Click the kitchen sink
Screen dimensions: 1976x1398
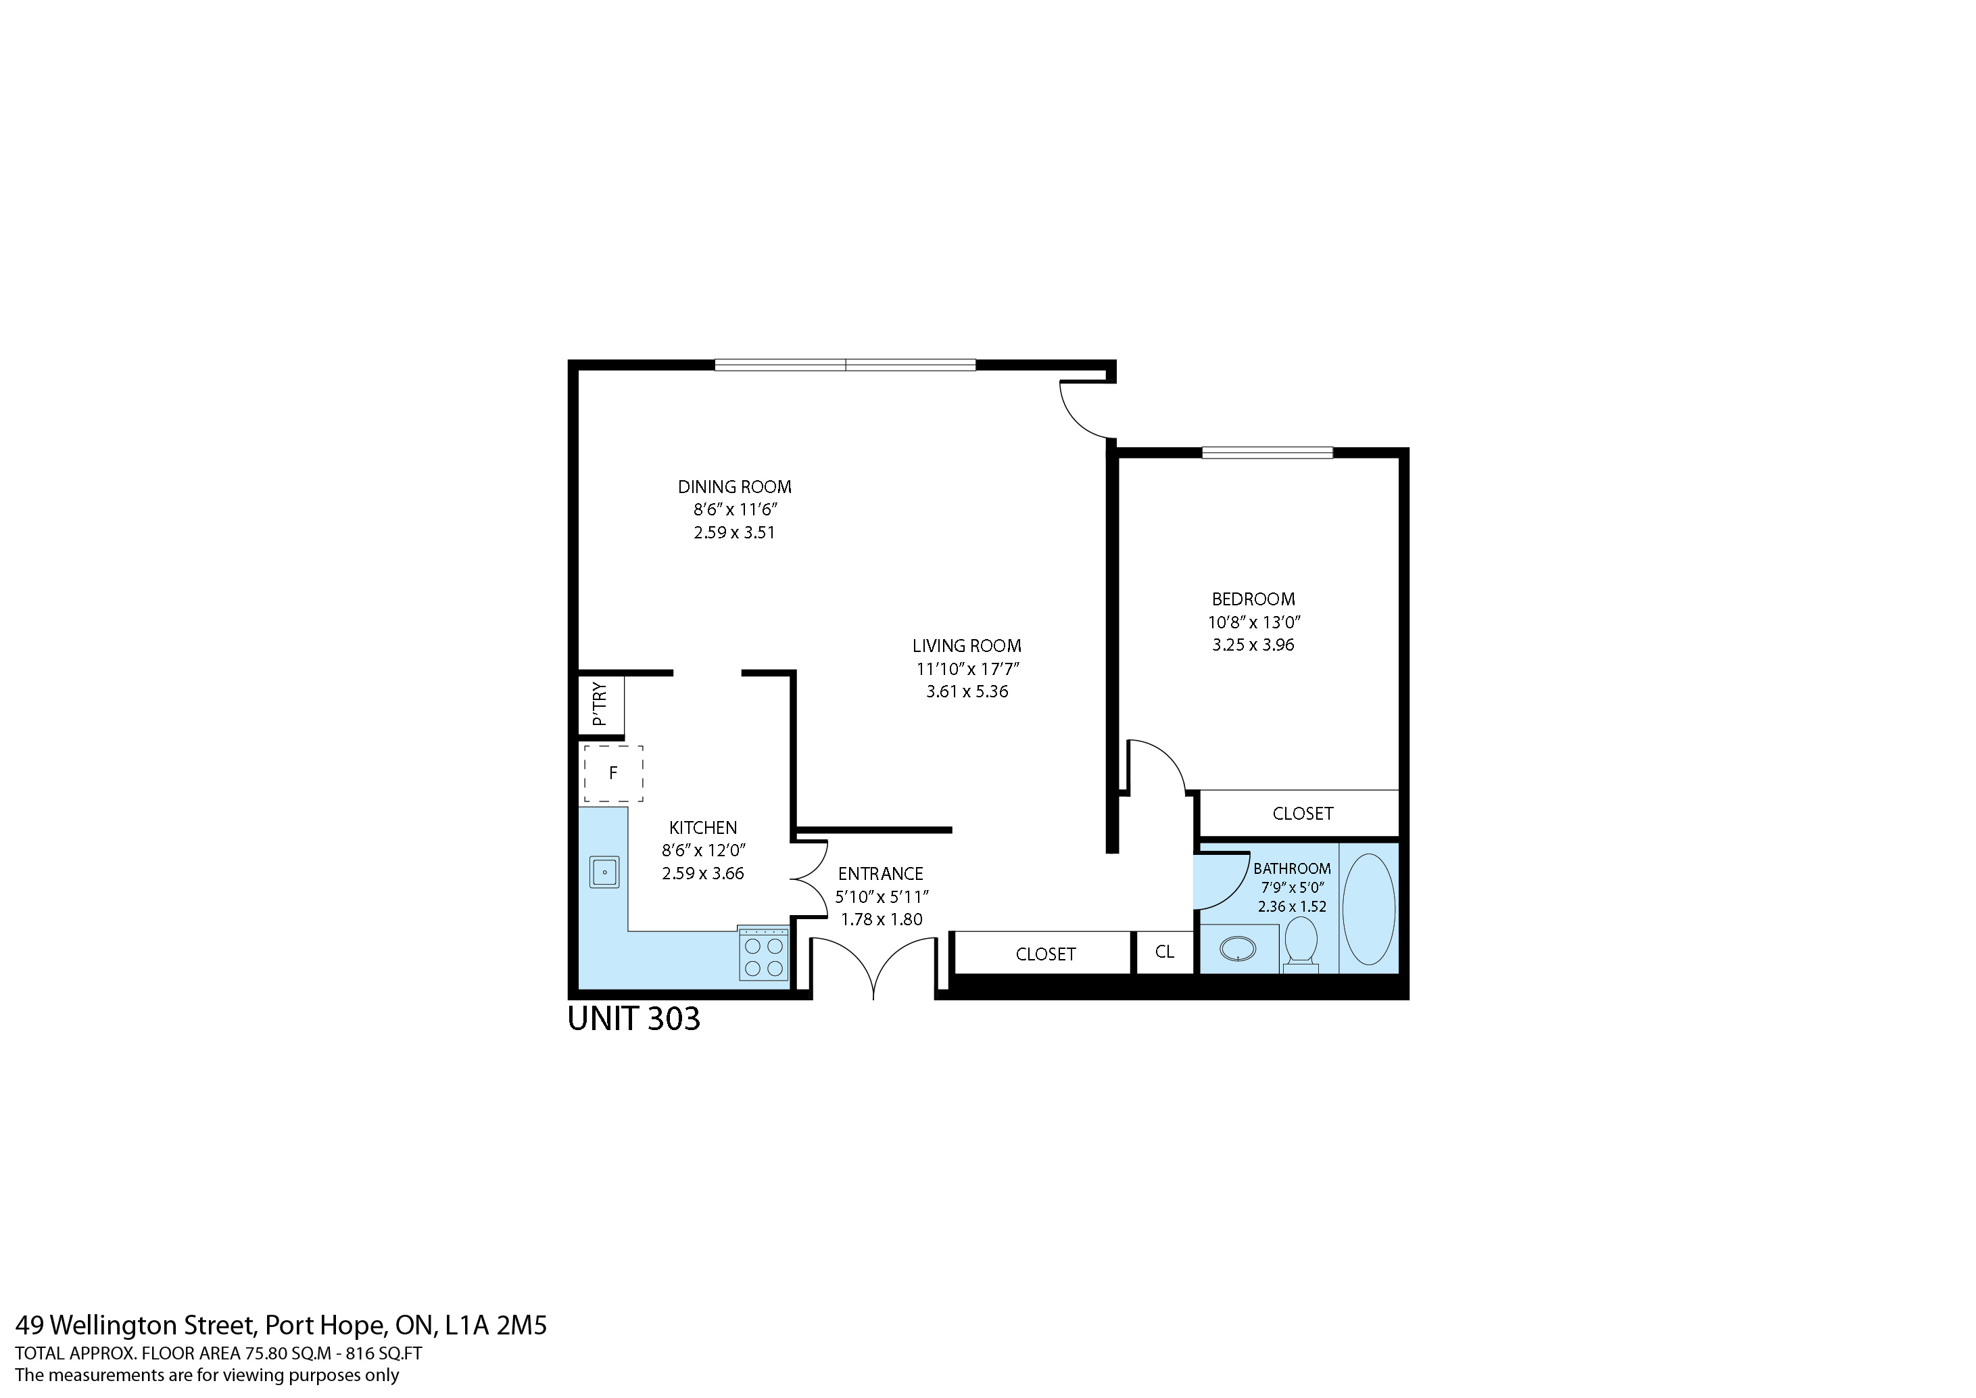tap(604, 872)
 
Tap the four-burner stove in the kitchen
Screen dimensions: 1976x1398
tap(763, 954)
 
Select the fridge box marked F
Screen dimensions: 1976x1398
tap(612, 773)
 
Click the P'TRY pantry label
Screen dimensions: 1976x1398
tap(600, 705)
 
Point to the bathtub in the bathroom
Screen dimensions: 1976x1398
tap(1368, 908)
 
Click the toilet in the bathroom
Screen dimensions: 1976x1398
tap(1301, 943)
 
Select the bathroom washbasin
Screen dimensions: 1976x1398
tap(1238, 950)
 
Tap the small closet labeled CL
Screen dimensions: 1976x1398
tap(1164, 952)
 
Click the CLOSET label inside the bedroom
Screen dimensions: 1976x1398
tap(1302, 814)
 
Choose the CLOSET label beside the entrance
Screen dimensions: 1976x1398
tap(1045, 954)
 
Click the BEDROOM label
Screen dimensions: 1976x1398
tap(1253, 599)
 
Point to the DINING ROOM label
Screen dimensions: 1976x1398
tap(734, 487)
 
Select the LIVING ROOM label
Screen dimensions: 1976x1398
tap(967, 646)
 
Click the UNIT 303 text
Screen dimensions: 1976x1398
tap(634, 1019)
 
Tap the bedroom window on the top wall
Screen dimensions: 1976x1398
tap(1267, 452)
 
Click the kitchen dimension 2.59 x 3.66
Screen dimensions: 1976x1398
tap(702, 874)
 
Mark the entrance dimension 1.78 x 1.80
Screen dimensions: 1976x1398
tap(882, 919)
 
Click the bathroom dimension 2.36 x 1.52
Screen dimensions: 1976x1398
tap(1292, 906)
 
